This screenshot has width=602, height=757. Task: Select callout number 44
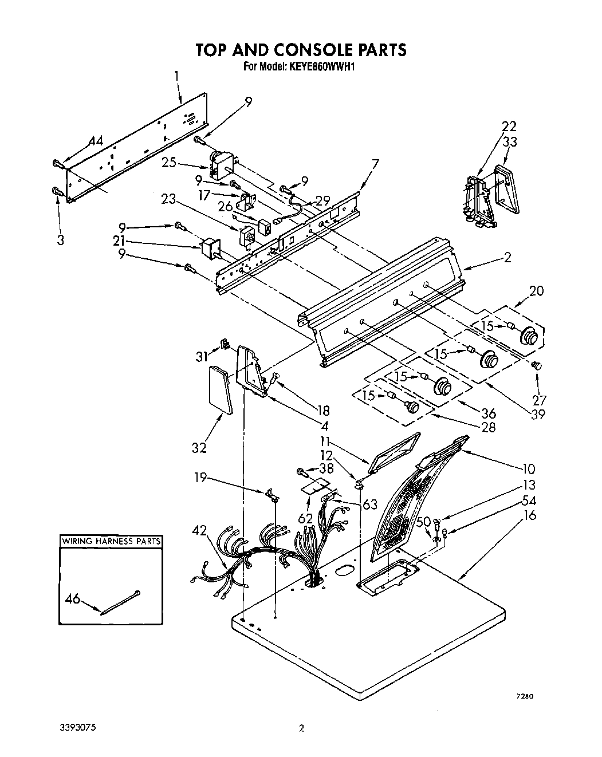96,141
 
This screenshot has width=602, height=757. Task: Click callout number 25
168,163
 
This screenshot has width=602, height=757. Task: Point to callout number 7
375,164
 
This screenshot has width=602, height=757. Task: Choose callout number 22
509,126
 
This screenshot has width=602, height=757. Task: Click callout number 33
510,142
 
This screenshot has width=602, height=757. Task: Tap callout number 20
536,290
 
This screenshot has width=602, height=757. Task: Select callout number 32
199,448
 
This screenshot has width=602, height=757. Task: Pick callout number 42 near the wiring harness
199,530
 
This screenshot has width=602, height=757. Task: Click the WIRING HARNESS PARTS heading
111,541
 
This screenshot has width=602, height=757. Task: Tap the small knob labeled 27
537,365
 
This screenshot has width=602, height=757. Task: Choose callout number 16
529,515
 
